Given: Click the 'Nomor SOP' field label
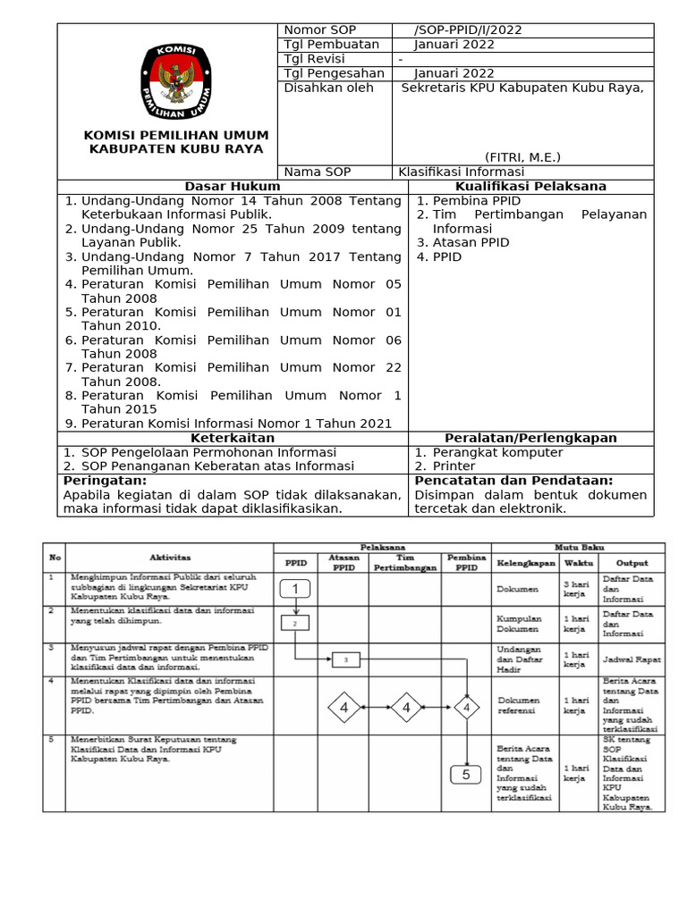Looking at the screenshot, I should [x=319, y=30].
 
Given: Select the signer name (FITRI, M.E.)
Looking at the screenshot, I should [x=523, y=157].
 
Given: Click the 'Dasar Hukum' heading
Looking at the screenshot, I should [x=233, y=186].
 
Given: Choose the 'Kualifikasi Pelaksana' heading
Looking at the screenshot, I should [x=530, y=186].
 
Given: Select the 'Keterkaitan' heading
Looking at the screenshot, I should [x=233, y=438].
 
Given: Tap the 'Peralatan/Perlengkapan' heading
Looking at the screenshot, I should [x=530, y=438].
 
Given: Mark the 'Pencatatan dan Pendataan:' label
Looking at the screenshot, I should [x=513, y=481].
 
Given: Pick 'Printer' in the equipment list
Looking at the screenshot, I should [x=454, y=466].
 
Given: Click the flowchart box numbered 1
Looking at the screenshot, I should [x=295, y=589].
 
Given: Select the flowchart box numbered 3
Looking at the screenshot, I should [x=345, y=659].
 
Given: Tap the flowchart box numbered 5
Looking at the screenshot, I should [x=466, y=775].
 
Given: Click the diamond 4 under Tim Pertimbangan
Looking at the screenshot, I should [x=405, y=709].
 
